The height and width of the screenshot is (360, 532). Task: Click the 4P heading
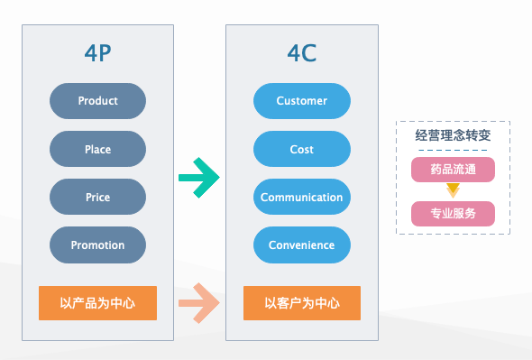pos(97,52)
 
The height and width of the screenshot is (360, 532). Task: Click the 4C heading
pos(301,52)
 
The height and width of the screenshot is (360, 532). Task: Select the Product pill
pos(97,101)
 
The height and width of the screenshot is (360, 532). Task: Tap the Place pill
pos(97,149)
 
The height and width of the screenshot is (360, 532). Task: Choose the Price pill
pos(97,197)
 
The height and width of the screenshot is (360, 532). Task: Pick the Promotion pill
pos(97,245)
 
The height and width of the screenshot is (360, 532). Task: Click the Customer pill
pos(301,101)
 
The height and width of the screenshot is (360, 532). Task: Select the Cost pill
pos(301,149)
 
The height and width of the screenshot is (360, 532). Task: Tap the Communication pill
pos(301,197)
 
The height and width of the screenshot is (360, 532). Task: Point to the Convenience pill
pos(301,245)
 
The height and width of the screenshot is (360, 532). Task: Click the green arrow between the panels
pos(198,177)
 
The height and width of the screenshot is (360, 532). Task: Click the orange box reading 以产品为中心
pos(97,303)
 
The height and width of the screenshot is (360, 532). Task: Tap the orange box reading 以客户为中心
pos(301,303)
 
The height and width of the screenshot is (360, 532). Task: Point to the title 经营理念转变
pos(453,135)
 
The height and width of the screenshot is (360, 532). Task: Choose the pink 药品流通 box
pos(453,169)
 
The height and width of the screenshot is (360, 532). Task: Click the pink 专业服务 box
pos(453,214)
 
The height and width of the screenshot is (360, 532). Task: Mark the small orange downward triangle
pos(453,190)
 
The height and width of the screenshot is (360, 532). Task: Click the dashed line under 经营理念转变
pos(453,151)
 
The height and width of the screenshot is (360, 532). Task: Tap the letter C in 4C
pos(309,52)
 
